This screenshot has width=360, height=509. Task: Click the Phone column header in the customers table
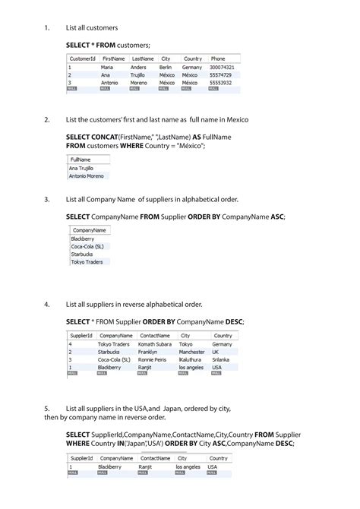click(x=218, y=58)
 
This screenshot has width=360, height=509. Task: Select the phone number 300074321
click(x=223, y=67)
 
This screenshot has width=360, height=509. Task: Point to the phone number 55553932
click(x=221, y=82)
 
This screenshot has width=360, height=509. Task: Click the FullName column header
click(x=80, y=160)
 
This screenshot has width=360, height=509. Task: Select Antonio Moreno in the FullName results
click(x=87, y=175)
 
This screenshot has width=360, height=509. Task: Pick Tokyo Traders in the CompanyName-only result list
click(x=87, y=261)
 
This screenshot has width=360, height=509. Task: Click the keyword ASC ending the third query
click(x=277, y=217)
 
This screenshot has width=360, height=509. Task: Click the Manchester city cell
click(x=192, y=352)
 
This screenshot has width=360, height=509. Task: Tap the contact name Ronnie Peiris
click(x=153, y=359)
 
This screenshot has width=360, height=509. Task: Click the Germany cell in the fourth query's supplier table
click(x=223, y=344)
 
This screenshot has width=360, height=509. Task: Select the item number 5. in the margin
click(x=46, y=408)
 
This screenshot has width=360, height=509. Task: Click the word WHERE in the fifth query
click(x=79, y=443)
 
